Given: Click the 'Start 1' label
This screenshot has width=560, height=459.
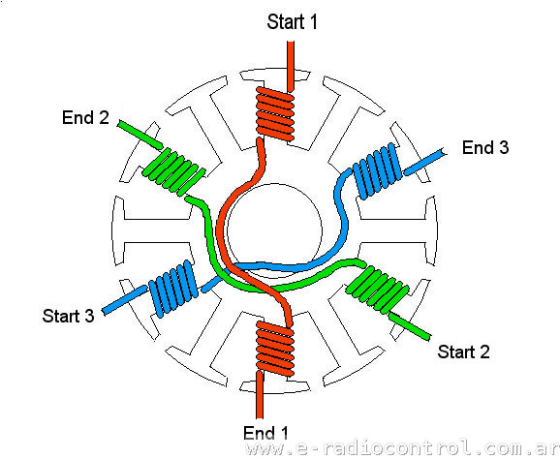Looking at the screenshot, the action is coord(293,21).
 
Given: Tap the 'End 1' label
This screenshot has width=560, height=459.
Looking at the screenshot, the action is coord(265,433).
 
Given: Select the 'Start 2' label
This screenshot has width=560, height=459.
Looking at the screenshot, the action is coord(463,352).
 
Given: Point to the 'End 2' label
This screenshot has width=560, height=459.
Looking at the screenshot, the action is coord(85,117).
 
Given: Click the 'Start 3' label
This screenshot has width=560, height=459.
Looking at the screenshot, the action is coord(68,316).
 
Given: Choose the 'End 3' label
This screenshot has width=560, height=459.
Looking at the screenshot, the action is coord(485,147).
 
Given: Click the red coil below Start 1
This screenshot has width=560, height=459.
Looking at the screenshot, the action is coord(275,113).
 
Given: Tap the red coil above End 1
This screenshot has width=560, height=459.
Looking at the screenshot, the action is coord(275,349).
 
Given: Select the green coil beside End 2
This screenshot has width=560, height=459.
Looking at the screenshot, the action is coord(174,172).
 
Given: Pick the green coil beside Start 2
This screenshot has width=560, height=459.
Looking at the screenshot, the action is coord(377,290).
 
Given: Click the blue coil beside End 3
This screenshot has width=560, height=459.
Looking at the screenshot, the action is coord(378,171).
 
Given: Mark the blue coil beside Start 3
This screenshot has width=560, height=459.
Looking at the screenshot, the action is coord(173,289).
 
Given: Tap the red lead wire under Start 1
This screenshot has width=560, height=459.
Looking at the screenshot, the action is coord(291,66).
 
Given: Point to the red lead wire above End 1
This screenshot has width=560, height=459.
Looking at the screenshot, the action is coord(260,395).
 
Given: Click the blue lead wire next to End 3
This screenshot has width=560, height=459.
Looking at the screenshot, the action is coord(424,163).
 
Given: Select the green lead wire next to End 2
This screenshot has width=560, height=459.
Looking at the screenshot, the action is coord(140,135).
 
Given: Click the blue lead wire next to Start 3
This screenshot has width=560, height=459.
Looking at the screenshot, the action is coord(124,300).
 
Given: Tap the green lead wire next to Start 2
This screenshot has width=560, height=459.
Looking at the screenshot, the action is coord(409,326).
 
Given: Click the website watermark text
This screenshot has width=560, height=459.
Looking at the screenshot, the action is coord(403,448).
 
